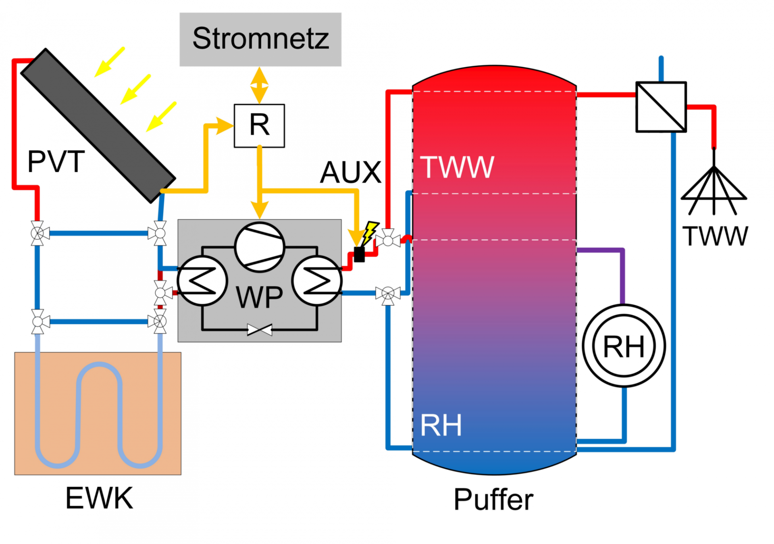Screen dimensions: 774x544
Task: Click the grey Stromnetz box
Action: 260,39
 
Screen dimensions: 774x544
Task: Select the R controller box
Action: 259,125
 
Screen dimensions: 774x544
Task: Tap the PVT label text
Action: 56,161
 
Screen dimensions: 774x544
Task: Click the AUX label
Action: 350,172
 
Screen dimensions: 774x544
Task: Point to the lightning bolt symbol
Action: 370,233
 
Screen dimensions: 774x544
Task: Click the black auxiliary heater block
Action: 359,254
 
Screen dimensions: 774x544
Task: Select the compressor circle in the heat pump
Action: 260,247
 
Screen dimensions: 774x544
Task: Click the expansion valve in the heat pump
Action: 259,330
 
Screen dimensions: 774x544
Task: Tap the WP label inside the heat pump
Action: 259,298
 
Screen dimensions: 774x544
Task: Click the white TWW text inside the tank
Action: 457,167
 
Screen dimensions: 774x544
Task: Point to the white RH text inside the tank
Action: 441,425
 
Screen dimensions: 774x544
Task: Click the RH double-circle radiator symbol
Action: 624,346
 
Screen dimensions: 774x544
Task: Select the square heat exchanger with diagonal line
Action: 661,107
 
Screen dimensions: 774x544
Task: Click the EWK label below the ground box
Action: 99,498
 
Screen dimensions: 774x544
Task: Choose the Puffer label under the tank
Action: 493,500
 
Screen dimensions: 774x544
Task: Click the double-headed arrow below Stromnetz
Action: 259,85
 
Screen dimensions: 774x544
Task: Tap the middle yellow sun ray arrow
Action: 135,89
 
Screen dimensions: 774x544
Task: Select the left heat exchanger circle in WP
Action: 202,280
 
